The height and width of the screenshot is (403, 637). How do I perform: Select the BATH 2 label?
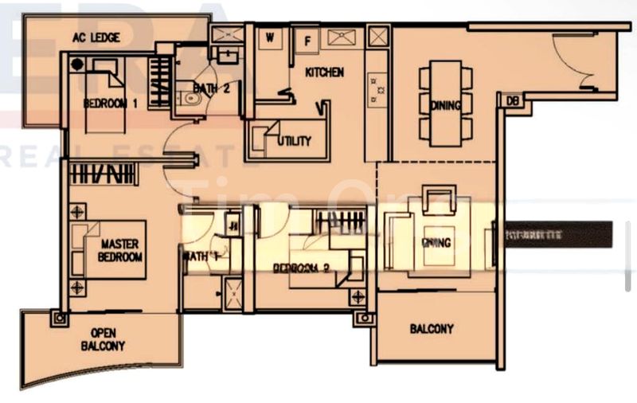click(x=213, y=88)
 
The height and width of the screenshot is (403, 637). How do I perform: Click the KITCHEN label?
click(x=325, y=72)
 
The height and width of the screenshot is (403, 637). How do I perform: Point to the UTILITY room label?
click(x=293, y=141)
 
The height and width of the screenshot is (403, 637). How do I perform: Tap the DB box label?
click(x=512, y=101)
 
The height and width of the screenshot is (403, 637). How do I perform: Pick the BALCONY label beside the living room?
click(x=432, y=328)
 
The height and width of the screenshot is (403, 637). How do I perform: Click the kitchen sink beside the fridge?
click(x=343, y=36)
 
